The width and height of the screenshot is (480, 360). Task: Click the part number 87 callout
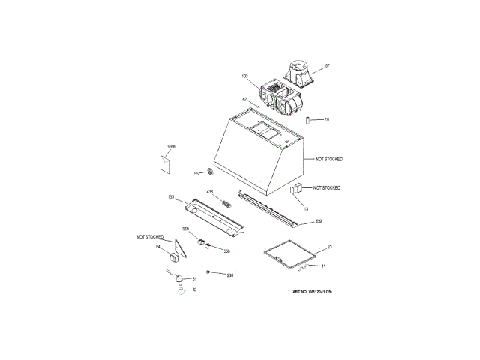point(327,65)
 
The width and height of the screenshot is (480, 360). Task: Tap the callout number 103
point(244,76)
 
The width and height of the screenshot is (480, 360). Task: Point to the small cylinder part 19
point(307,120)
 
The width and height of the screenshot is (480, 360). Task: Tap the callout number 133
point(171,197)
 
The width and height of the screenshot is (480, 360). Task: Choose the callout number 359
point(318,221)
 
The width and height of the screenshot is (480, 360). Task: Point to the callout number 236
point(230,275)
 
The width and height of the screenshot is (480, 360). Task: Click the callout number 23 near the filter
point(330,247)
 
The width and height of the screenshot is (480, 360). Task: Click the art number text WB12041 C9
point(311,301)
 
